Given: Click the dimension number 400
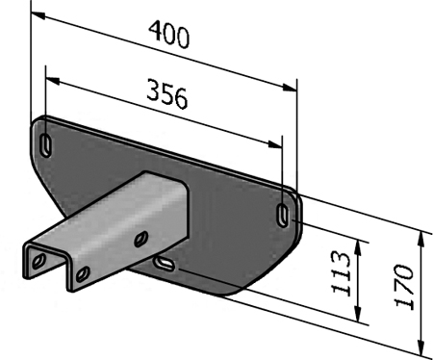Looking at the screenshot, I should (168, 36).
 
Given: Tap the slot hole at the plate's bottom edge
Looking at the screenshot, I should (165, 262).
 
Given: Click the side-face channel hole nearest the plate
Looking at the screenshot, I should (141, 236).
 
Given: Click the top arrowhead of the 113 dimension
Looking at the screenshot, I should (357, 244).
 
